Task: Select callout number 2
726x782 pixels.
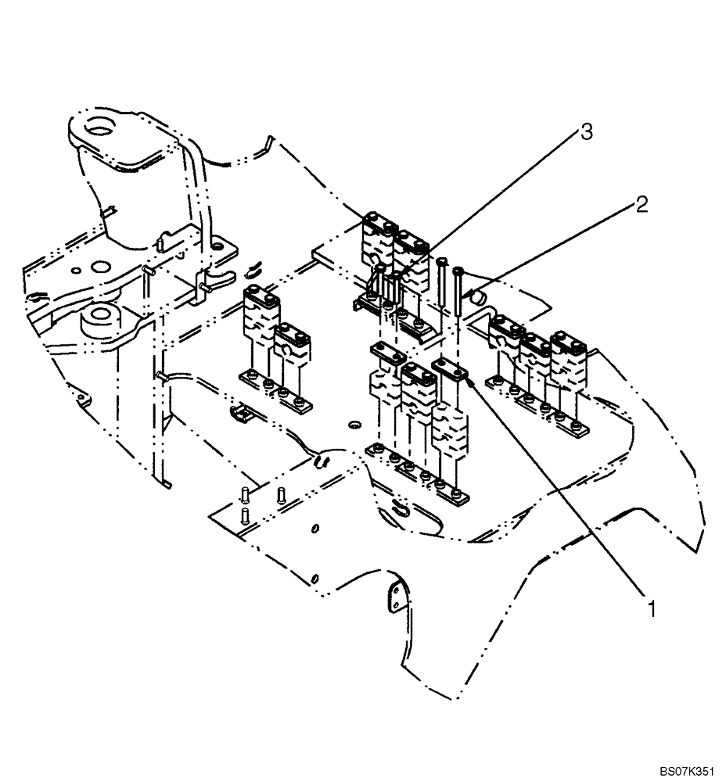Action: tap(641, 206)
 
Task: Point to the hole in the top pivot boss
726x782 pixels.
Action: tap(99, 124)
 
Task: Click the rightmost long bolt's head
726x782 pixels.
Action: tap(458, 271)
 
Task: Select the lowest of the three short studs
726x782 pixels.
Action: tap(246, 515)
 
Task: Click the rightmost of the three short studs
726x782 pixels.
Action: tap(282, 494)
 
